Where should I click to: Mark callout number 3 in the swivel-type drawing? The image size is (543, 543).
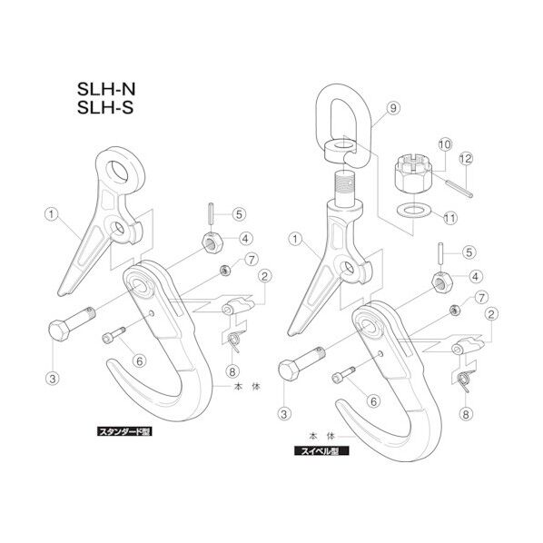(285, 412)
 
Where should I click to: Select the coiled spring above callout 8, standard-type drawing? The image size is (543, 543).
(233, 340)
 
